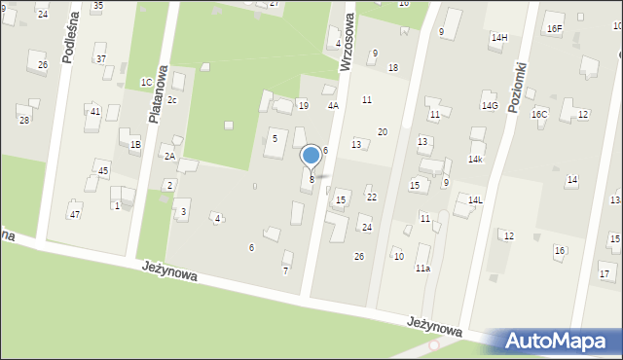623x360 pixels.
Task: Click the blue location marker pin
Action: [x=311, y=156]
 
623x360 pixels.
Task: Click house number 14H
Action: [x=499, y=38]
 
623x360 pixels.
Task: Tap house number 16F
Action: [x=554, y=29]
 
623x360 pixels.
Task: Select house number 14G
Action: [x=490, y=105]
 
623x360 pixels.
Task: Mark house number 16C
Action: [x=539, y=114]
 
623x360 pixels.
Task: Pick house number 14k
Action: [x=475, y=159]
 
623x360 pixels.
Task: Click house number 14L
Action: [x=475, y=199]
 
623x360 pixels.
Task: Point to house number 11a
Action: [x=422, y=268]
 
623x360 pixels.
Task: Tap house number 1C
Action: [x=146, y=83]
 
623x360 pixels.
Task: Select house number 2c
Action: [x=172, y=100]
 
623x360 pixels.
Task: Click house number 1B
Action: [x=135, y=145]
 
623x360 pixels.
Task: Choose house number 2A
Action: [x=169, y=157]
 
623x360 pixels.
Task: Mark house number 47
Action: [x=74, y=213]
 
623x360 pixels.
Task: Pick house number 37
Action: [x=101, y=59]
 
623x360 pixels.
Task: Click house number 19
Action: [x=303, y=105]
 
